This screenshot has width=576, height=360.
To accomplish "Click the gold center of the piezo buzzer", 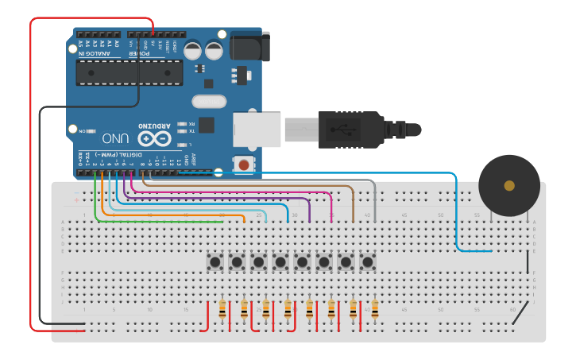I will (x=509, y=186).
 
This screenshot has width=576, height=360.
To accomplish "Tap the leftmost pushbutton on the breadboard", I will (x=215, y=261).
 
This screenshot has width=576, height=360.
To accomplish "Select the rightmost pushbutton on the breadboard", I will (x=367, y=261).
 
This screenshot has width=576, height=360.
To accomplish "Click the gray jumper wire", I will (x=373, y=199).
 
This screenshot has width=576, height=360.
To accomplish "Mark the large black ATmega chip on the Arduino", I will (x=130, y=72).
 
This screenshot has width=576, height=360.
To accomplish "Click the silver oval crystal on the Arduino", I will (x=209, y=101).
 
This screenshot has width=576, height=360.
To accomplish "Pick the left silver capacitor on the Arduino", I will (x=193, y=50).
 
